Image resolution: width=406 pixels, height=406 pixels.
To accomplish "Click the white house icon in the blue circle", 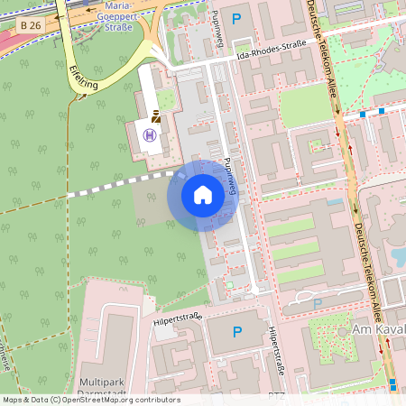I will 203,195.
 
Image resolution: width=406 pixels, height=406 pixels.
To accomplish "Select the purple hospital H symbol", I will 149,135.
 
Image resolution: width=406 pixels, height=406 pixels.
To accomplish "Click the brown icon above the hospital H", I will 156,116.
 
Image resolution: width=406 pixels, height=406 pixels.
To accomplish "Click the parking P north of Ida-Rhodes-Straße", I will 237,18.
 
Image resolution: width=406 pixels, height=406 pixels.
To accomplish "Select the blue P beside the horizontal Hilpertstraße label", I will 237,332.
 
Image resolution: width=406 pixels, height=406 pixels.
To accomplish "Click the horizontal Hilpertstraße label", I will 177,317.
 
